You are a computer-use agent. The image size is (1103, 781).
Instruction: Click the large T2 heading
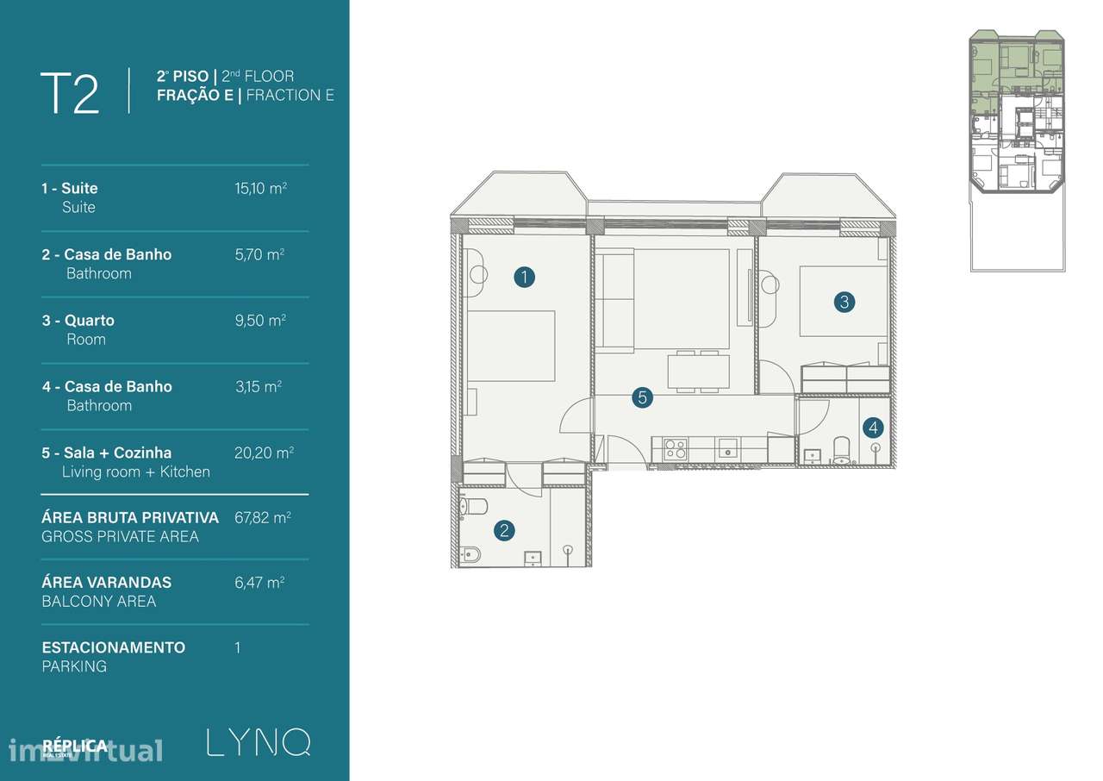(x=70, y=93)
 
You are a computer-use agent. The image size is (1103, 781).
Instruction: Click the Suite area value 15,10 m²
(x=260, y=187)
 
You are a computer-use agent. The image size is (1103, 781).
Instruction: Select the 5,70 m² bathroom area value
(x=259, y=253)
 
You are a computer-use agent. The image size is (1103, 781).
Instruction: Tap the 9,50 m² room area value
(x=260, y=320)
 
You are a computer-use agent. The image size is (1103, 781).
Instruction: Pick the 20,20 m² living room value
(x=263, y=452)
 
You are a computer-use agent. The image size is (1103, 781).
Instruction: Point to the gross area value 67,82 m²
(x=262, y=517)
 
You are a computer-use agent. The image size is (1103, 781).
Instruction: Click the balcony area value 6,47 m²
(x=259, y=582)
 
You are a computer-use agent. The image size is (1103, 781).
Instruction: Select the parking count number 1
(x=238, y=647)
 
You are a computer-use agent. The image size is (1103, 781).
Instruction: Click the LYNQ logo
(x=258, y=743)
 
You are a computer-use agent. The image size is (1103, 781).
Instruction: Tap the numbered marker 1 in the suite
(x=524, y=277)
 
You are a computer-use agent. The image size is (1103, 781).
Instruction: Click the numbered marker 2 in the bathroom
(x=504, y=530)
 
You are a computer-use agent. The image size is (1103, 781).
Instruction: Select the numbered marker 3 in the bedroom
(x=844, y=302)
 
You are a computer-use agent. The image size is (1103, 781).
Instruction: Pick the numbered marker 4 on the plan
(x=874, y=427)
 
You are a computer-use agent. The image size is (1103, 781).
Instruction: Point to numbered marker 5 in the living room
(x=641, y=397)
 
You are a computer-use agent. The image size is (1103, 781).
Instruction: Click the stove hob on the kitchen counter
(x=676, y=448)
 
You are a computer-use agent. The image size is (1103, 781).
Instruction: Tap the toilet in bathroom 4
(x=841, y=448)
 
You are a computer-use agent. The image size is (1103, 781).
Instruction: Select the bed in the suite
(x=510, y=346)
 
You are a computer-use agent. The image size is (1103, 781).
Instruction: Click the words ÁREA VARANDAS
(x=106, y=582)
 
